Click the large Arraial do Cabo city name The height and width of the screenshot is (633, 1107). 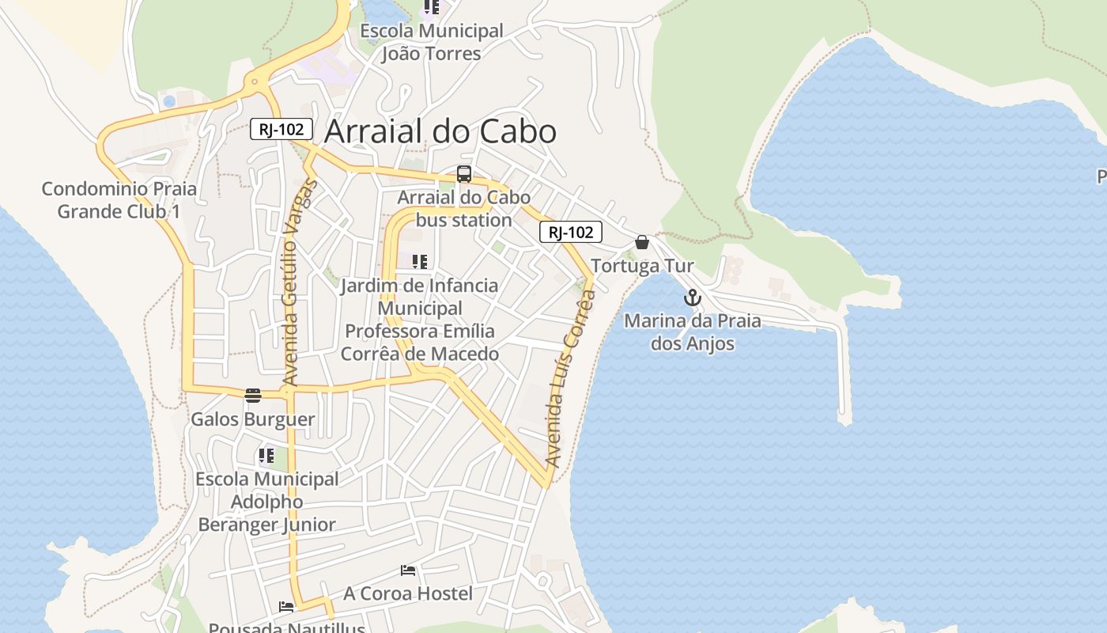pyautogui.click(x=440, y=131)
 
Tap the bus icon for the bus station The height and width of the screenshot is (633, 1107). pyautogui.click(x=464, y=174)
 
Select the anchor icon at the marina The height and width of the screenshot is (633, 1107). pyautogui.click(x=693, y=298)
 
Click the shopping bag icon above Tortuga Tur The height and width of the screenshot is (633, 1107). pyautogui.click(x=642, y=242)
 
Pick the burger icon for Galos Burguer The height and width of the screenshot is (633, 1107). pyautogui.click(x=253, y=395)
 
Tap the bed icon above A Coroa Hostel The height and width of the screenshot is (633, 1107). pyautogui.click(x=408, y=570)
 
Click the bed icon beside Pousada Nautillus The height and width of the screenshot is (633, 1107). pyautogui.click(x=286, y=607)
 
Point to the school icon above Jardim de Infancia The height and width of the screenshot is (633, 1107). pyautogui.click(x=420, y=262)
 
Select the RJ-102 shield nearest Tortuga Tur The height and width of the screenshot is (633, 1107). pyautogui.click(x=571, y=232)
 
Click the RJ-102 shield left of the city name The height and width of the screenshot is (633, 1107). pyautogui.click(x=281, y=129)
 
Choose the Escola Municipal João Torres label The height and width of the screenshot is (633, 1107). pyautogui.click(x=431, y=42)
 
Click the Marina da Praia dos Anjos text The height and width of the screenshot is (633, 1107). pyautogui.click(x=693, y=332)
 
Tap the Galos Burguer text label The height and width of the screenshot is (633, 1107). pyautogui.click(x=253, y=419)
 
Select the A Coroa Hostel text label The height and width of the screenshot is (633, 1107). pyautogui.click(x=408, y=593)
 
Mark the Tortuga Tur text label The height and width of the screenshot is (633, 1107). pyautogui.click(x=642, y=266)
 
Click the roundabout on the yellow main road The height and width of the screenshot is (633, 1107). pyautogui.click(x=255, y=80)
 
